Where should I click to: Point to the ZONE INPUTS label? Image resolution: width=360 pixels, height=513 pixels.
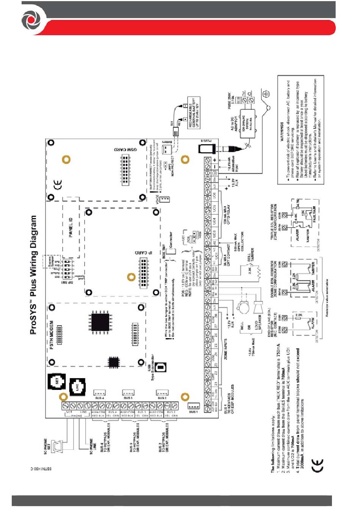[226, 349]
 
